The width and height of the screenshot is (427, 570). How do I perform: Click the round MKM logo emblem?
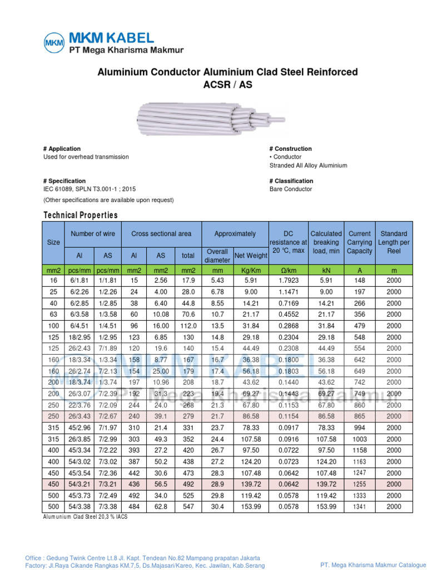pos(54,42)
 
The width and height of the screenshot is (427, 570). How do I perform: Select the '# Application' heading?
pos(62,149)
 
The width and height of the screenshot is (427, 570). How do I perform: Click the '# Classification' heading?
pos(291,181)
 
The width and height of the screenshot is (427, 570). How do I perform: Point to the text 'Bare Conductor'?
pos(291,189)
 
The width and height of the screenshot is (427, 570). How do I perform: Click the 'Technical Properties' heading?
pos(81,215)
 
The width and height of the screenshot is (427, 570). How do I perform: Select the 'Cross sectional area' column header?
pos(161,234)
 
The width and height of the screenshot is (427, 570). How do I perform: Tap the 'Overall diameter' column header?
pos(217,255)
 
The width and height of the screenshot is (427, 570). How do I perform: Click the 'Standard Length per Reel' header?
pos(394,243)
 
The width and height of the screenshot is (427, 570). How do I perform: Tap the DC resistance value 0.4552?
pos(287,315)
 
